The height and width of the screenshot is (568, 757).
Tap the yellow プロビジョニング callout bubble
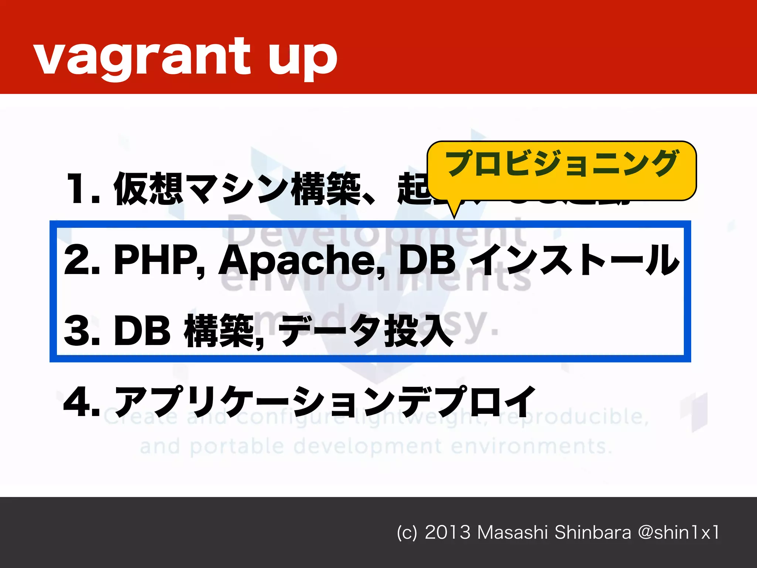(561, 170)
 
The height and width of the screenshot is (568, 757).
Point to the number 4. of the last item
(82, 401)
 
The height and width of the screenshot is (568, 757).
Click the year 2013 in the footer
(447, 532)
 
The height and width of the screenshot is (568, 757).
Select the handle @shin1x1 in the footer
(679, 532)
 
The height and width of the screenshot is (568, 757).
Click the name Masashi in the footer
(512, 532)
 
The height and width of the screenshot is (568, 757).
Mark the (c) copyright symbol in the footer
(407, 533)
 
